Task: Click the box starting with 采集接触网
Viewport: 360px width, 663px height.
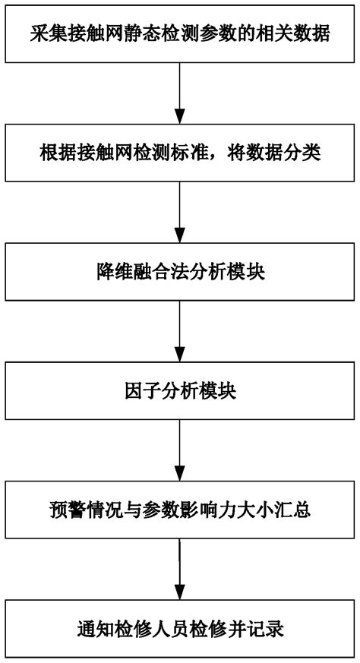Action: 180,34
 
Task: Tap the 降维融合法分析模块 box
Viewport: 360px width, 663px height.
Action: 180,271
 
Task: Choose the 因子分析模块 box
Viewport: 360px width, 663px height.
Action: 180,392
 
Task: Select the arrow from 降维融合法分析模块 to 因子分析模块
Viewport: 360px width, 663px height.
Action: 180,331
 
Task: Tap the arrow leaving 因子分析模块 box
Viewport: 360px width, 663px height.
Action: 180,451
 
